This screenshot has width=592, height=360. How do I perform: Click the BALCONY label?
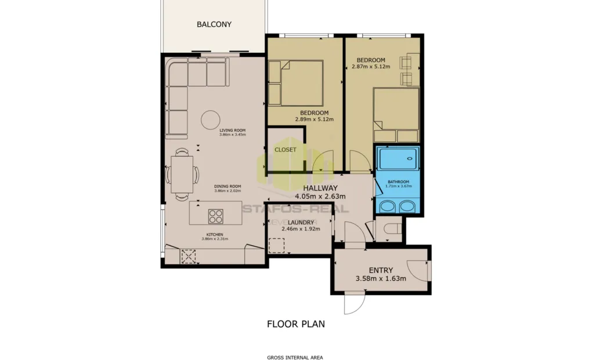pyautogui.click(x=214, y=24)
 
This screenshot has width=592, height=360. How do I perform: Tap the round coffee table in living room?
pyautogui.click(x=210, y=119)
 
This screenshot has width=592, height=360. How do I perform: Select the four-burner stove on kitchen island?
pyautogui.click(x=216, y=216)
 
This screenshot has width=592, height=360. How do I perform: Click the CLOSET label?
pyautogui.click(x=286, y=150)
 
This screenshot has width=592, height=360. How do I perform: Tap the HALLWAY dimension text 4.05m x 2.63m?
pyautogui.click(x=320, y=196)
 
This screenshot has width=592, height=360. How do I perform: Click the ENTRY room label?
pyautogui.click(x=381, y=270)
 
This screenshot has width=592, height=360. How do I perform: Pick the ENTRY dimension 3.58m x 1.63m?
pyautogui.click(x=381, y=279)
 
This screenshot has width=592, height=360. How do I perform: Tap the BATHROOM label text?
pyautogui.click(x=398, y=182)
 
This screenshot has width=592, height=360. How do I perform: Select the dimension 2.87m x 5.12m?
pyautogui.click(x=371, y=66)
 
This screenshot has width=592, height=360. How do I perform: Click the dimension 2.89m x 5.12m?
pyautogui.click(x=314, y=119)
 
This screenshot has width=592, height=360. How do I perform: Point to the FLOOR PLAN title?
pyautogui.click(x=295, y=324)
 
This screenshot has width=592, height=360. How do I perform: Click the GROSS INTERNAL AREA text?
pyautogui.click(x=295, y=357)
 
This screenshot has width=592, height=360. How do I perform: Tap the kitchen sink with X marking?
pyautogui.click(x=189, y=256)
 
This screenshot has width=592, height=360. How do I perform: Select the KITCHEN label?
pyautogui.click(x=214, y=235)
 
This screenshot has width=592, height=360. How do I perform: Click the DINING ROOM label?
pyautogui.click(x=227, y=186)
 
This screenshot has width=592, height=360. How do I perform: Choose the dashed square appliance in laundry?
pyautogui.click(x=277, y=245)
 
